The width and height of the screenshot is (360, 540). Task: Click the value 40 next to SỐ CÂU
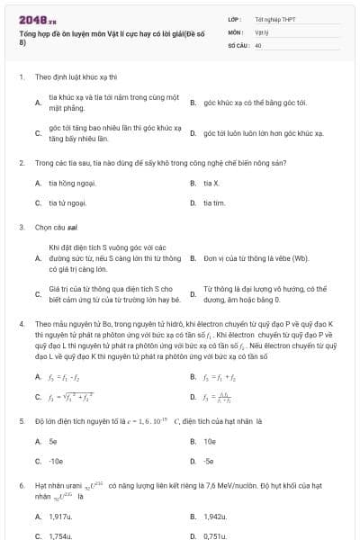click(x=258, y=43)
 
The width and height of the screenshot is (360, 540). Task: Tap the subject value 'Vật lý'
click(x=262, y=31)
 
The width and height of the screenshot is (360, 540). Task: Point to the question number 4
click(x=21, y=322)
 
